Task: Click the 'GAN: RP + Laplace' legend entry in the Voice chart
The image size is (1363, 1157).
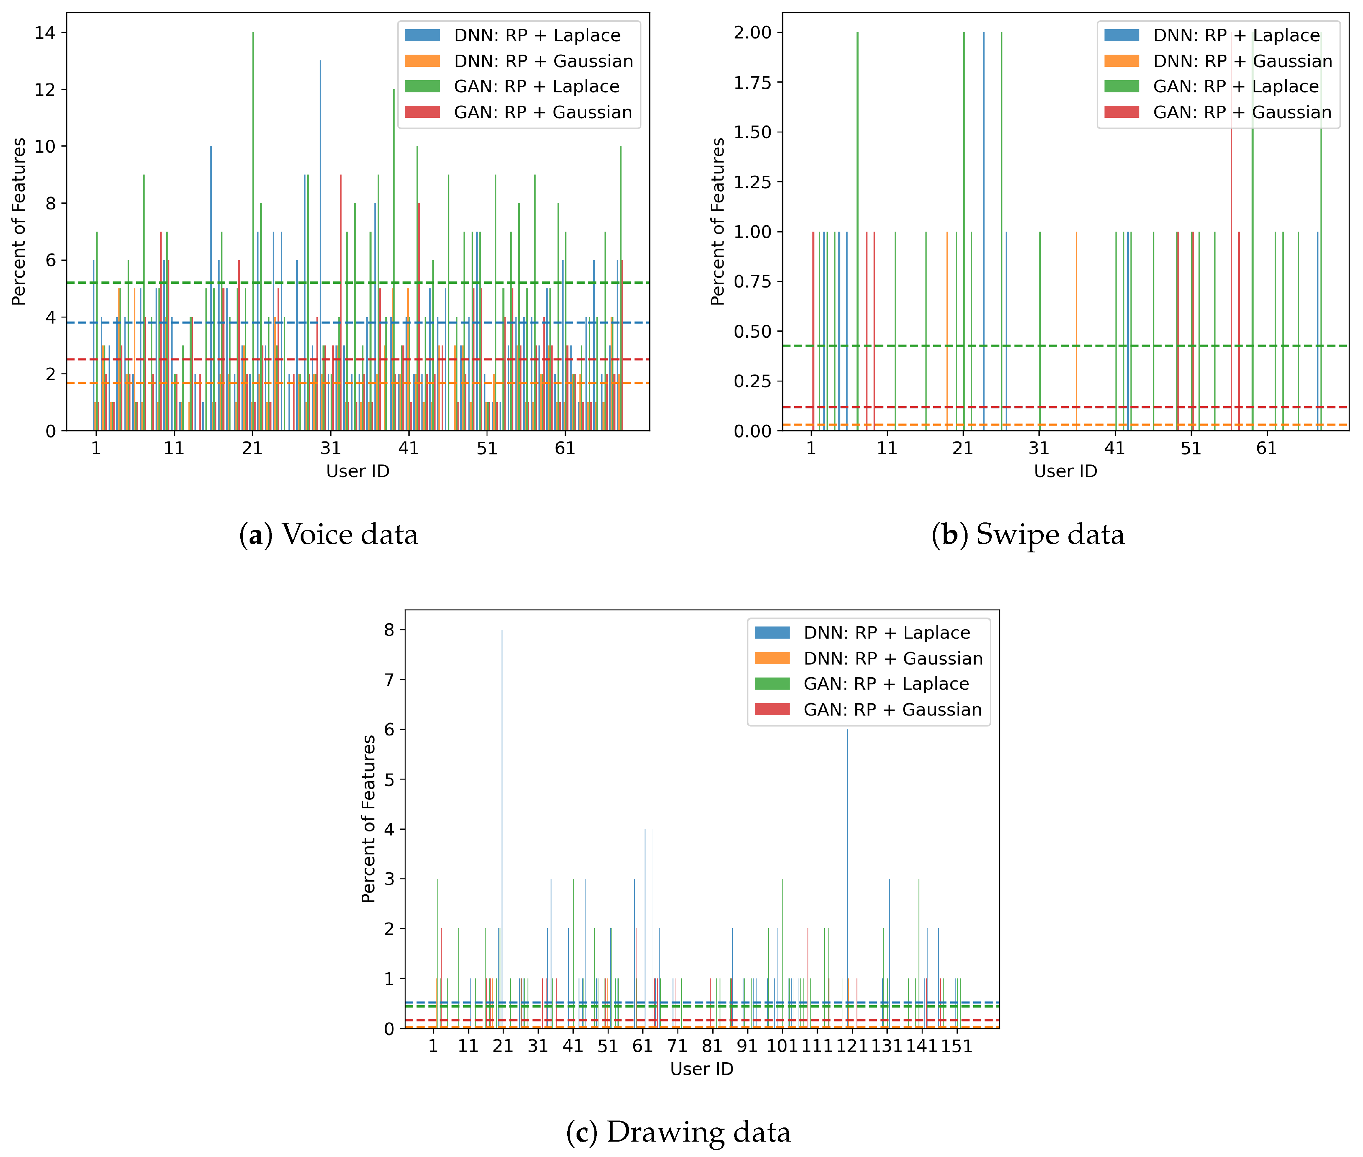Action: click(x=536, y=87)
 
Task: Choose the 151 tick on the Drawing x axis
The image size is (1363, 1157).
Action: click(x=957, y=1046)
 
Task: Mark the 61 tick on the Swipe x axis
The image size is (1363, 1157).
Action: click(x=1267, y=449)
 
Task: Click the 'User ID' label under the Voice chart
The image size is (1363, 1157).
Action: click(x=358, y=471)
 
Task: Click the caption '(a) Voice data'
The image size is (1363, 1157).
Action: click(x=328, y=534)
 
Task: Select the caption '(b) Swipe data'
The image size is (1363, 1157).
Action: click(x=1028, y=534)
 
